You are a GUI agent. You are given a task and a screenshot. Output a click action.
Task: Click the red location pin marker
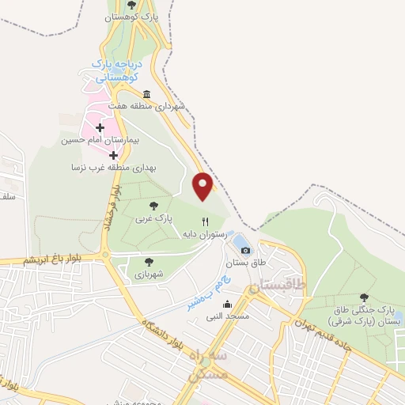click(203, 187)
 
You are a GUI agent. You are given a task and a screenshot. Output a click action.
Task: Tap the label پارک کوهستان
click(132, 16)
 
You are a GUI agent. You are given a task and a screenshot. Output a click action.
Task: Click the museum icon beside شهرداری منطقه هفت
click(147, 94)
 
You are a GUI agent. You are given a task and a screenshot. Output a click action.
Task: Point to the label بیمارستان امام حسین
click(100, 140)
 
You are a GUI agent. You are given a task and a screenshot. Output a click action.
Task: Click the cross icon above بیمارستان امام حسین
click(100, 127)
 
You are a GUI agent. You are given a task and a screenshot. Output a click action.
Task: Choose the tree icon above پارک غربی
click(153, 205)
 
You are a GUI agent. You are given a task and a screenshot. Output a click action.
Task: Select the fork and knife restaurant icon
click(204, 222)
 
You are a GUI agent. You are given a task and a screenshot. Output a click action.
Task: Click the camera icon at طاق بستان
click(245, 250)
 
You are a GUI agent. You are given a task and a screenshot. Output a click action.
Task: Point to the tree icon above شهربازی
click(148, 261)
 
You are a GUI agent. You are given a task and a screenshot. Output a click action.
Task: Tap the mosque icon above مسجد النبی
click(228, 305)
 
